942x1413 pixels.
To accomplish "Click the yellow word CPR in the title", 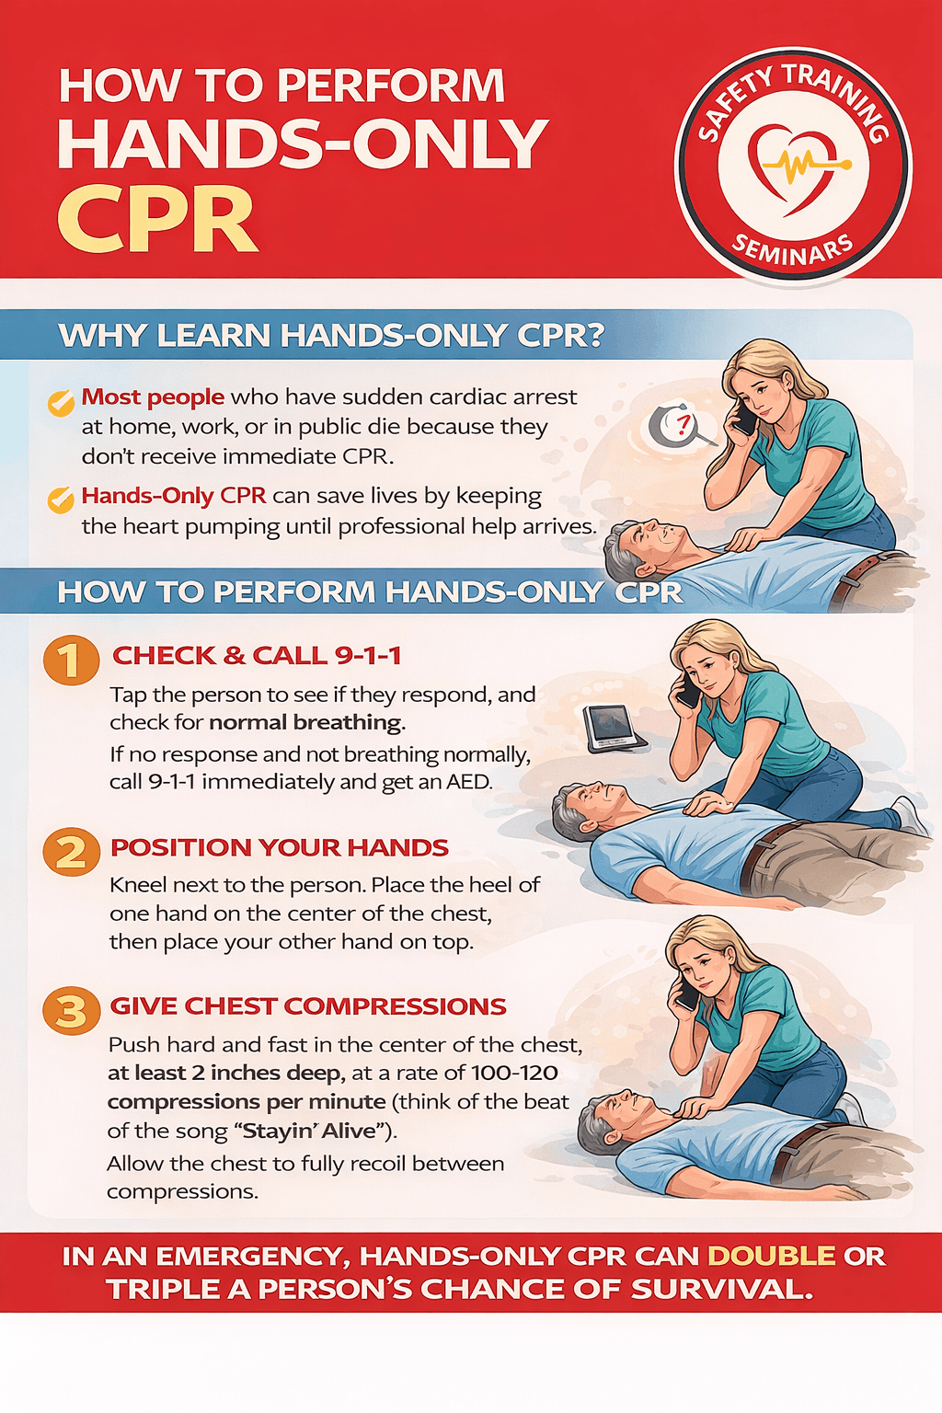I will click(157, 220).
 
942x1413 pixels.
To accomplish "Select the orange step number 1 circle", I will click(71, 661).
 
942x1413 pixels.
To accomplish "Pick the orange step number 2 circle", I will click(71, 852).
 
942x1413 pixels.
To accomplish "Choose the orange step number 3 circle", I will click(71, 1011).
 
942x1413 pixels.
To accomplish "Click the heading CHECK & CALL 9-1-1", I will click(257, 656).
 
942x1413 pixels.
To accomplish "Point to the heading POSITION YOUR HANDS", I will click(280, 847).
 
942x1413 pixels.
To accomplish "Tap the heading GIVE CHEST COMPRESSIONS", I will click(308, 1006).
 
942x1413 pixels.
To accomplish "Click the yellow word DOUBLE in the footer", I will click(771, 1256).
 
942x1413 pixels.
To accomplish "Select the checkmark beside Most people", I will click(61, 402).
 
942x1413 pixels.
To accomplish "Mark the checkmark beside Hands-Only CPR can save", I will click(61, 500).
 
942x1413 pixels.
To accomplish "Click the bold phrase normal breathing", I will click(306, 722).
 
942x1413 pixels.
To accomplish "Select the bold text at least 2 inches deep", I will click(225, 1073).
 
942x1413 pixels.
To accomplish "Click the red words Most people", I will click(153, 396).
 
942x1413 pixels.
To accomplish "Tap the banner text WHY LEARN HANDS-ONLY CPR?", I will click(331, 336).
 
